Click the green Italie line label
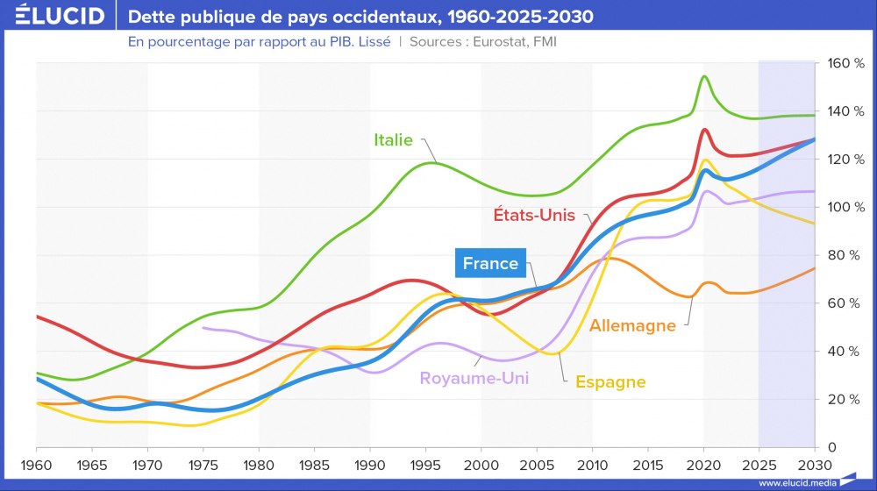coord(393,139)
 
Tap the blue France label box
coord(490,263)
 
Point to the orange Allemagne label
coord(632,325)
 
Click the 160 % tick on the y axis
coord(841,64)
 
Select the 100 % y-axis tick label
coord(841,208)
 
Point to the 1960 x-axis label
coord(36,462)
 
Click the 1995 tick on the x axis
coord(425,462)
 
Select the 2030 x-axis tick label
coord(815,462)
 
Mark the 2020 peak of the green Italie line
coord(704,76)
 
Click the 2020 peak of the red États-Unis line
coord(704,130)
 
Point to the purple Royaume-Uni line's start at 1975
coord(203,328)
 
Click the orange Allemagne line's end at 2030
coord(815,268)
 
